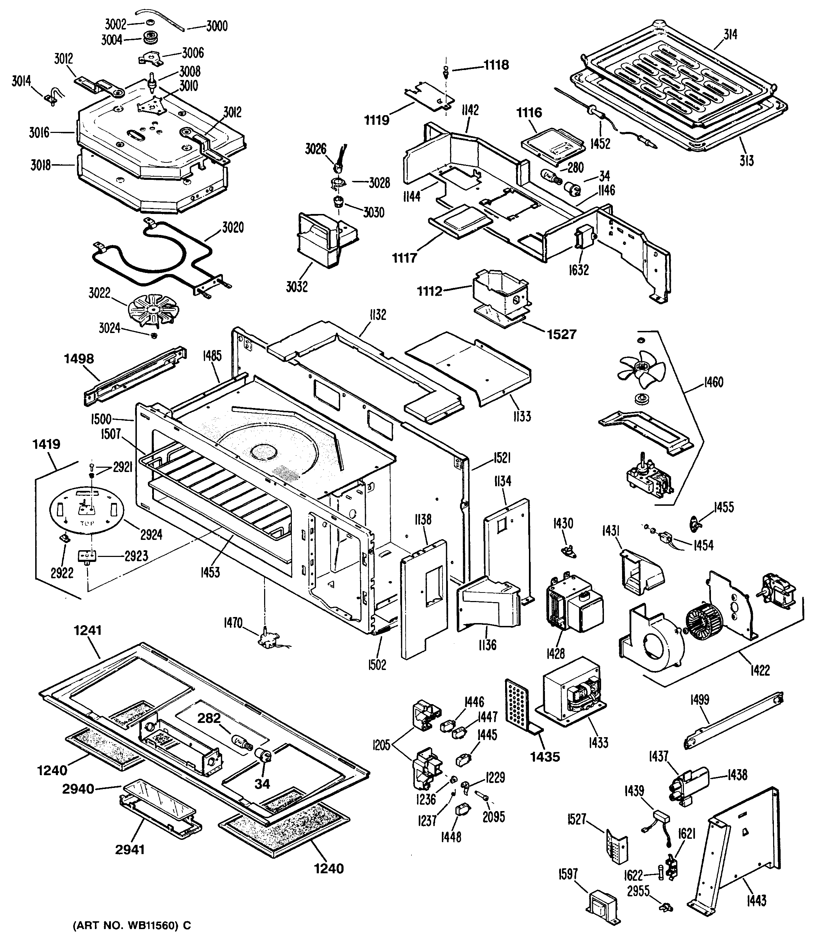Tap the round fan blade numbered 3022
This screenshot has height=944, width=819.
pyautogui.click(x=153, y=310)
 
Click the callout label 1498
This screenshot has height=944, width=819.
pyautogui.click(x=79, y=359)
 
